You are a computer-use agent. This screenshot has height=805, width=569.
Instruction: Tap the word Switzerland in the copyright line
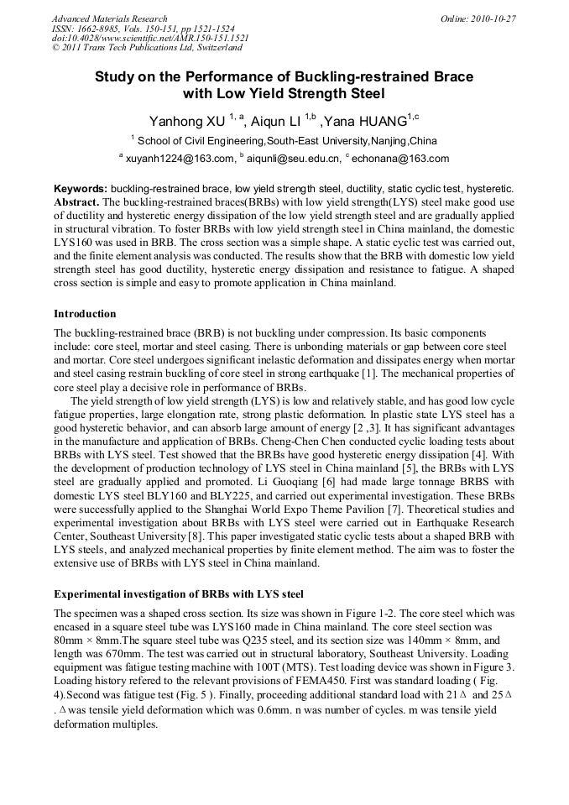(x=206, y=48)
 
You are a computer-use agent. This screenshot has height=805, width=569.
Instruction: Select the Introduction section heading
(x=85, y=314)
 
